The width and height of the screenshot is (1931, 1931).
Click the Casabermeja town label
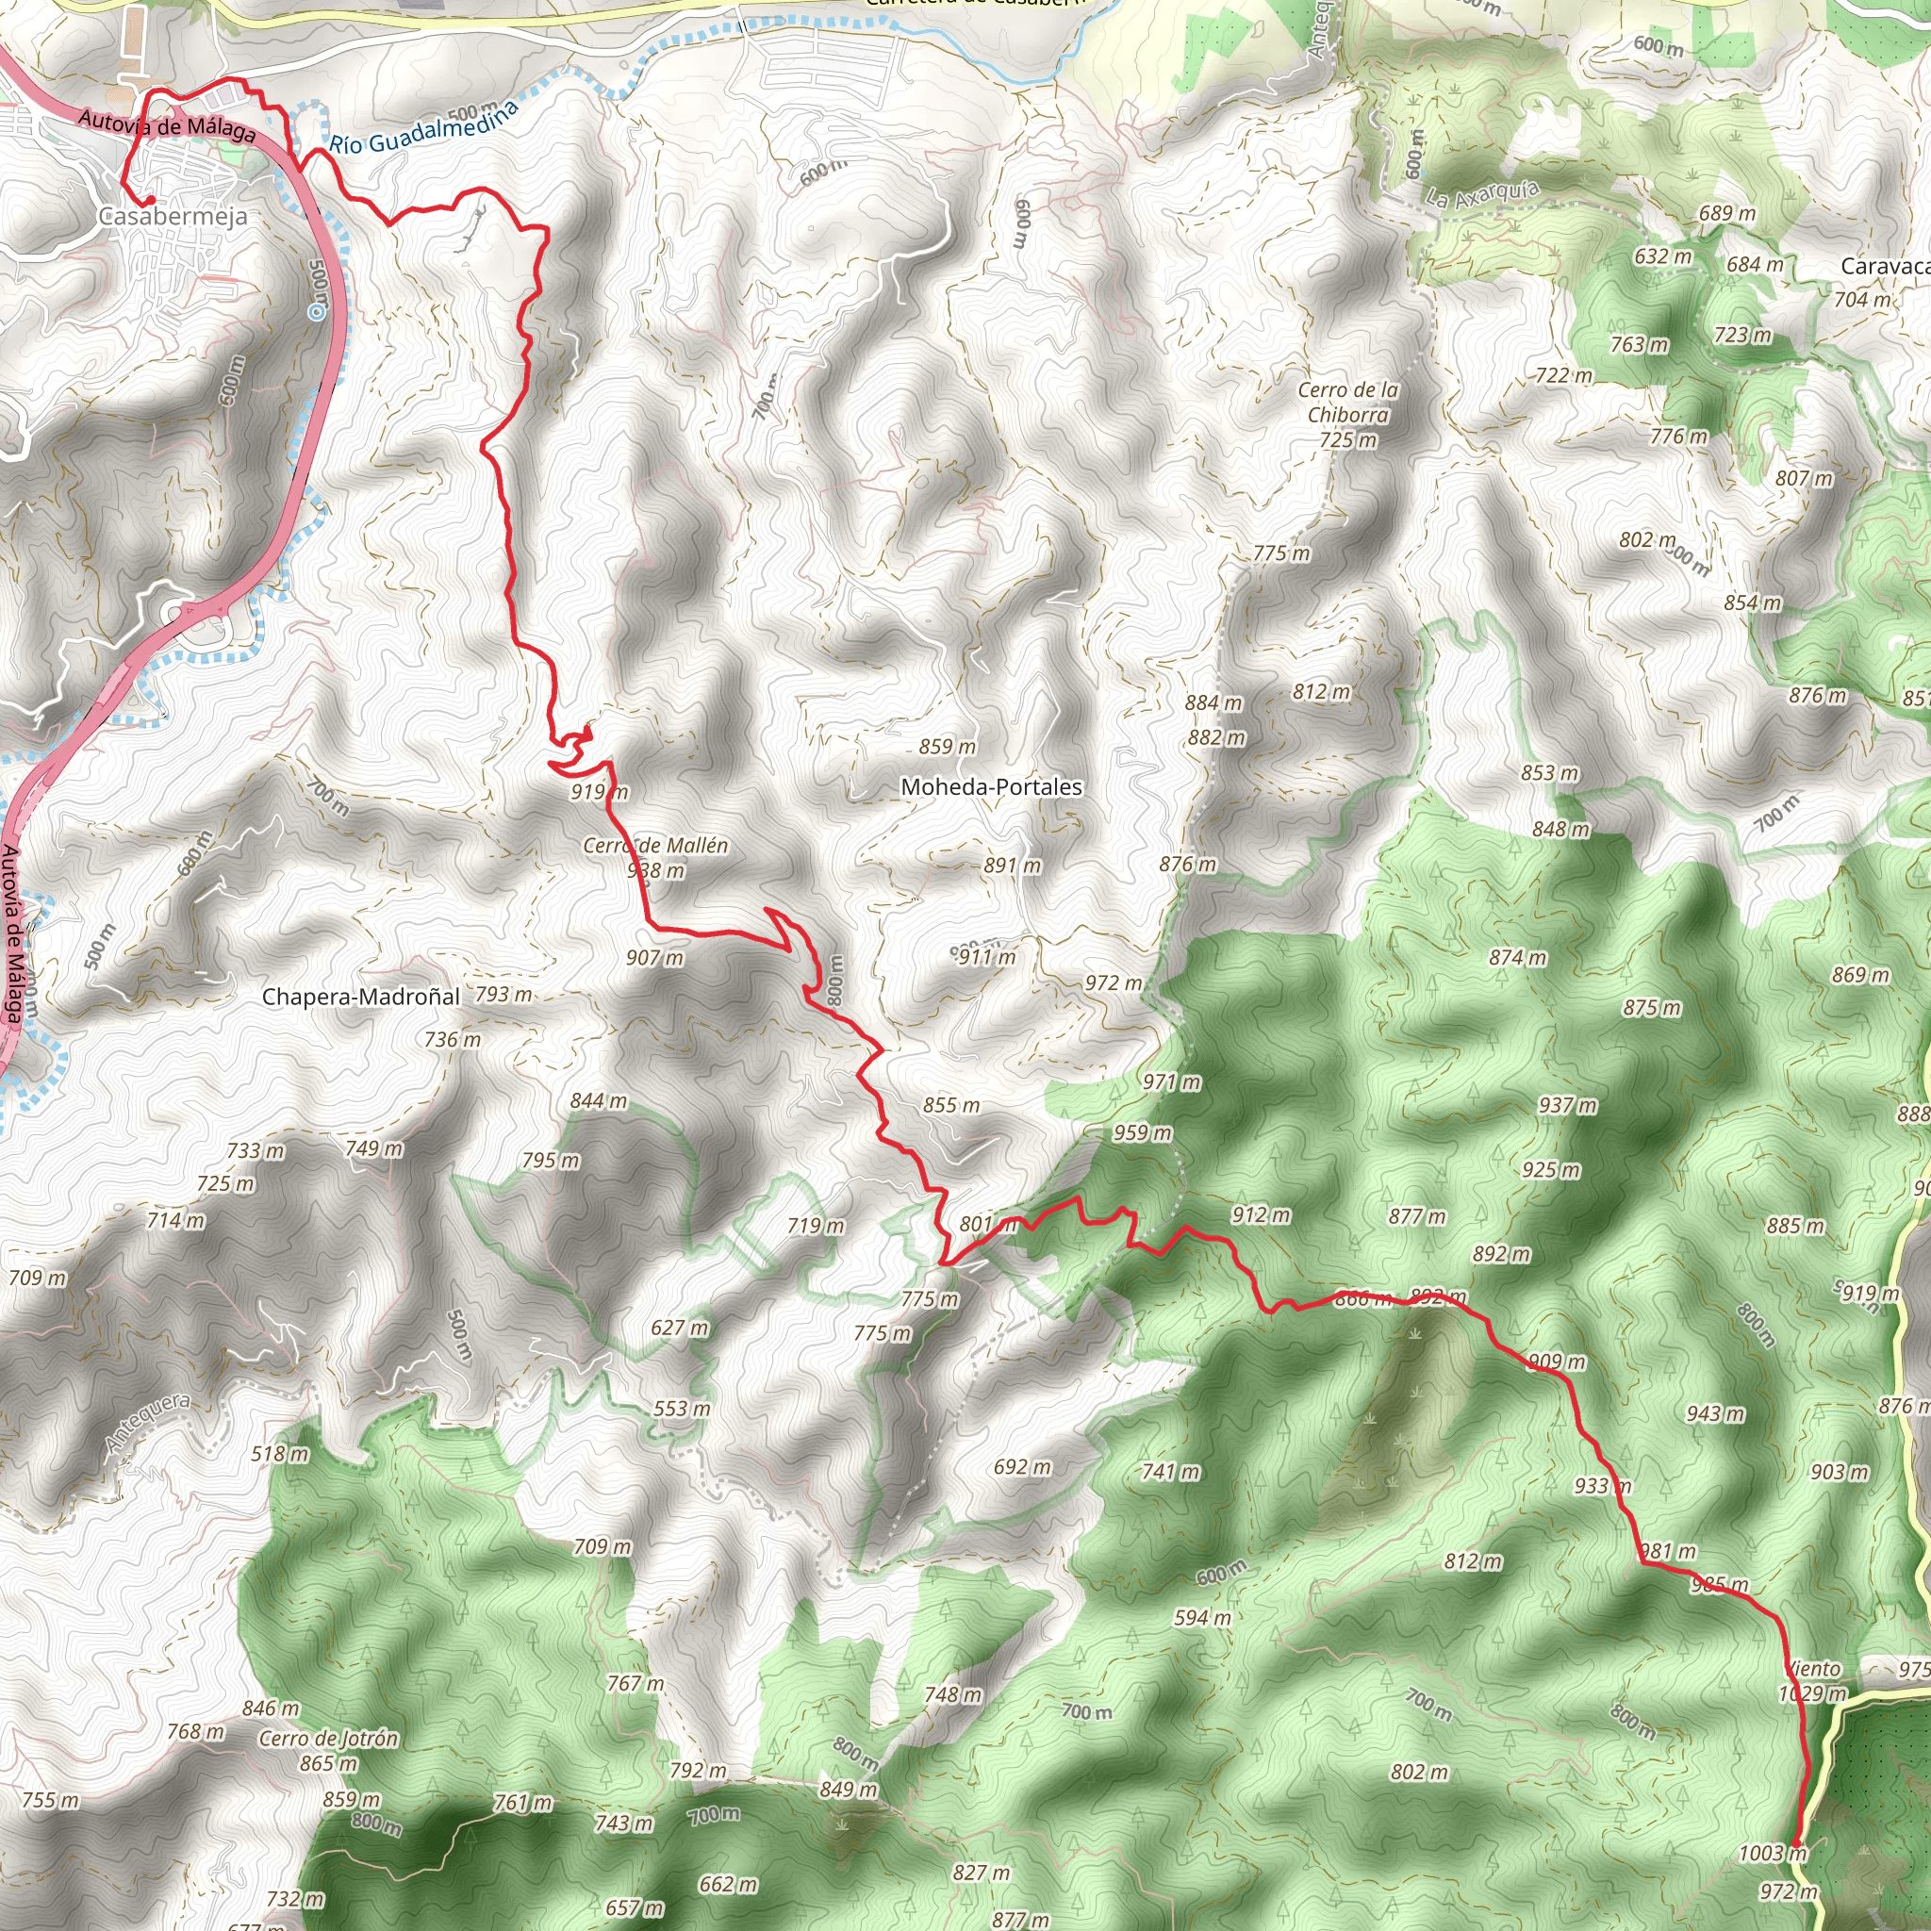173,216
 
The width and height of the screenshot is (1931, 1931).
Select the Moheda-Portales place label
991,786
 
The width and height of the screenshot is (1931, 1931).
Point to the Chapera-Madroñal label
361,997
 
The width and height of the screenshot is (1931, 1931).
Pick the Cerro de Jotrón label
328,1738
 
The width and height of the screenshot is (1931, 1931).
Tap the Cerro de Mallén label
655,846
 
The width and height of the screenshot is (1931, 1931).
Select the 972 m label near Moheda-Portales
1114,983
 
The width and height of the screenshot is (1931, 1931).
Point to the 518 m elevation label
280,1453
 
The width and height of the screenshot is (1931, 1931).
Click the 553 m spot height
682,1409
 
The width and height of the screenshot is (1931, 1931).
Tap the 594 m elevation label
1202,1617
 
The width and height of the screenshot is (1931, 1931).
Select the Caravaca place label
1883,266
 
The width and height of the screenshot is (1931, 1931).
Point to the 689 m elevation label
1727,213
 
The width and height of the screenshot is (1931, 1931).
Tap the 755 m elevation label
50,1800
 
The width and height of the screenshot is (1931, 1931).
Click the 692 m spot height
1021,1466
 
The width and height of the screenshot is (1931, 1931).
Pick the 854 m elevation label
1752,602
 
